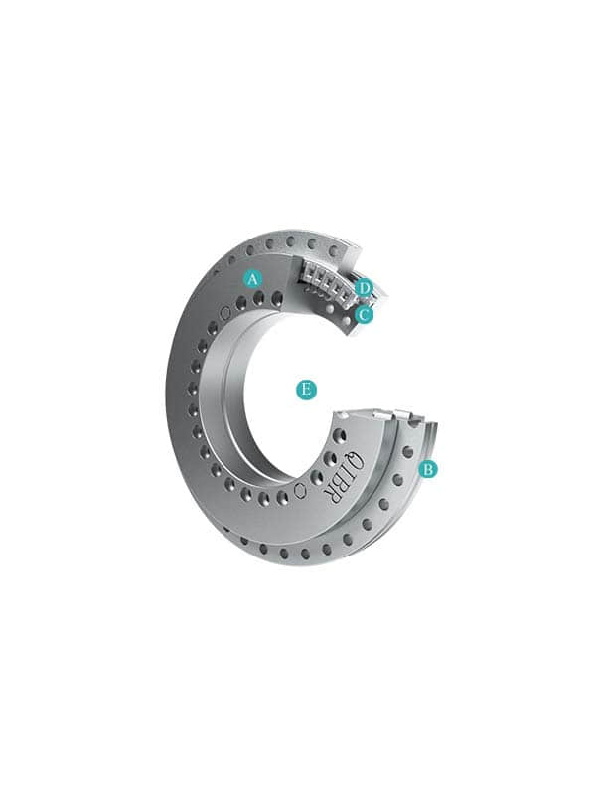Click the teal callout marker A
pyautogui.click(x=253, y=278)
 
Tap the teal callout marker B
pyautogui.click(x=428, y=469)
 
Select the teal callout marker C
pyautogui.click(x=364, y=314)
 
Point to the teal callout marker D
pyautogui.click(x=364, y=288)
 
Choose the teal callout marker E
pyautogui.click(x=305, y=390)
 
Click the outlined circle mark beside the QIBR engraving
pyautogui.click(x=300, y=490)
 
